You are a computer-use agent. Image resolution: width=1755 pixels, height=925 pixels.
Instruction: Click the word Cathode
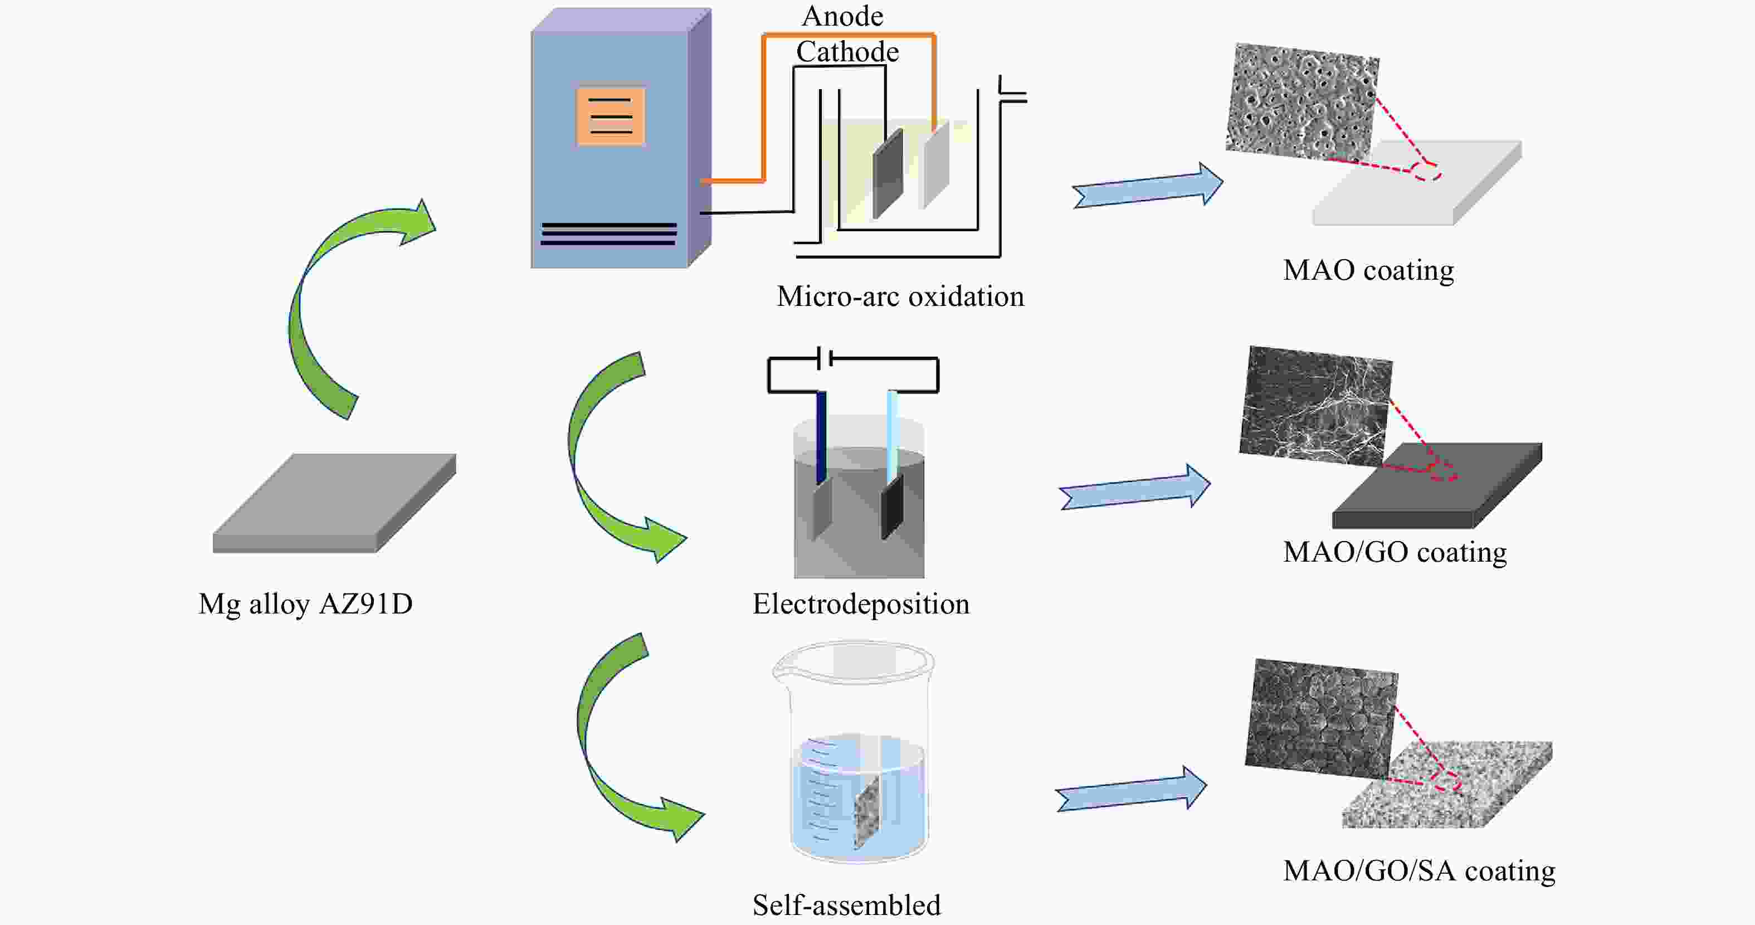pyautogui.click(x=847, y=52)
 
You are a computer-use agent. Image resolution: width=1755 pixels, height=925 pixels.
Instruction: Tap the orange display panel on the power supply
pyautogui.click(x=611, y=116)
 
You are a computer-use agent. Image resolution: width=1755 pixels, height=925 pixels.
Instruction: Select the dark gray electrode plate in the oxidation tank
pyautogui.click(x=887, y=174)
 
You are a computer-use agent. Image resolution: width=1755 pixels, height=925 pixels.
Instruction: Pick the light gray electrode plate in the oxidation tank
pyautogui.click(x=934, y=165)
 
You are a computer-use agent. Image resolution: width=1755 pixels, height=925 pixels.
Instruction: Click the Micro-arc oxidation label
pyautogui.click(x=900, y=297)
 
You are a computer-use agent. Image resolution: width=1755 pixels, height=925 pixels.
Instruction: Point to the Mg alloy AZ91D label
pyautogui.click(x=305, y=604)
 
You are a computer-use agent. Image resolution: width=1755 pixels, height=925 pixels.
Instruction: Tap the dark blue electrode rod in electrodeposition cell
pyautogui.click(x=822, y=436)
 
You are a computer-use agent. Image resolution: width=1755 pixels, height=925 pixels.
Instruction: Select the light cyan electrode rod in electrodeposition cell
pyautogui.click(x=892, y=433)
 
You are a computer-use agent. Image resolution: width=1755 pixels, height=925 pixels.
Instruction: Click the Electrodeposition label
pyautogui.click(x=860, y=604)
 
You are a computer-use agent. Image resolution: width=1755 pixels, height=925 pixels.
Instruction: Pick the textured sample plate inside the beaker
pyautogui.click(x=868, y=814)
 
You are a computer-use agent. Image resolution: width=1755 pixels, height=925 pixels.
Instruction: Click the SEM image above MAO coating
pyautogui.click(x=1301, y=102)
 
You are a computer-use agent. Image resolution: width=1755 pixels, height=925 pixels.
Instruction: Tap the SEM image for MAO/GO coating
pyautogui.click(x=1315, y=405)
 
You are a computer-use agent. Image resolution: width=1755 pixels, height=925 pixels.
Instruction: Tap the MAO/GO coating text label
pyautogui.click(x=1394, y=552)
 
